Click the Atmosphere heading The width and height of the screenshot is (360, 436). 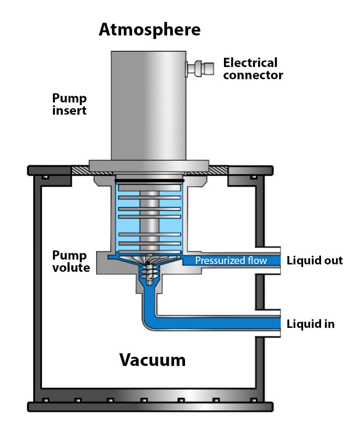pyautogui.click(x=150, y=30)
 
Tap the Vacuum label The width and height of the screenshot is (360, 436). pyautogui.click(x=153, y=360)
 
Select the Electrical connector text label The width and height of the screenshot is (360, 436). pyautogui.click(x=253, y=69)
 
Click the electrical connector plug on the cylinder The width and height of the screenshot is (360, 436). pyautogui.click(x=200, y=68)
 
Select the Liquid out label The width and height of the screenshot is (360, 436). pyautogui.click(x=315, y=261)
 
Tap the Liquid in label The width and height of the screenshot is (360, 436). pyautogui.click(x=311, y=324)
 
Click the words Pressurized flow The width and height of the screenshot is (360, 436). pyautogui.click(x=231, y=261)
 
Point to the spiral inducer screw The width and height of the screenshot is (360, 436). pyautogui.click(x=149, y=273)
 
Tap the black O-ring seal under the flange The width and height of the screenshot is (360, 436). pyautogui.click(x=149, y=180)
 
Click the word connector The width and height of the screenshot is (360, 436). pyautogui.click(x=253, y=75)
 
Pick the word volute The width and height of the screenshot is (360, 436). pyautogui.click(x=71, y=267)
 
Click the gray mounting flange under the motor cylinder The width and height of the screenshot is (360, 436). pyautogui.click(x=149, y=166)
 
